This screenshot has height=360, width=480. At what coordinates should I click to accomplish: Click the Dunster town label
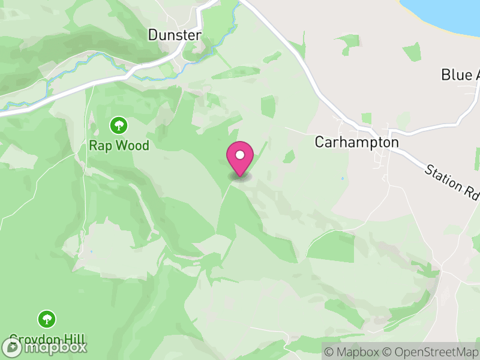click(x=175, y=35)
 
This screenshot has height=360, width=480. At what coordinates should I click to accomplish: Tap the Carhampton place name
click(x=356, y=142)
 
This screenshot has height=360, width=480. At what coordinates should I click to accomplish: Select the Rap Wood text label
click(x=119, y=145)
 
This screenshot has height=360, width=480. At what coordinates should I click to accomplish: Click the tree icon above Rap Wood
click(x=119, y=125)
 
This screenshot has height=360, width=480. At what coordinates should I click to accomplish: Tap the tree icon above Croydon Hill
click(x=47, y=319)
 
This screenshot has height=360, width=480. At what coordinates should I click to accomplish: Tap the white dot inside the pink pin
click(x=240, y=155)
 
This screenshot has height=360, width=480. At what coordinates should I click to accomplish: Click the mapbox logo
click(x=44, y=347)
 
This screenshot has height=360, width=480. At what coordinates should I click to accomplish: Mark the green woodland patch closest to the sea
click(x=412, y=52)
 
